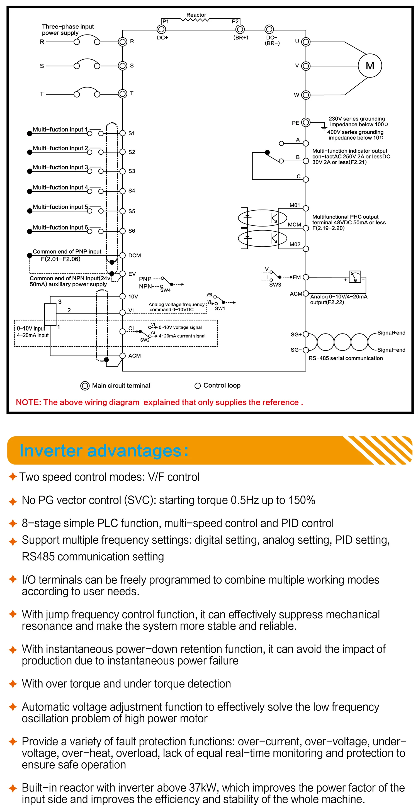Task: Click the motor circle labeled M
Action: point(370,66)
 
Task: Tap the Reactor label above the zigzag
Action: point(196,15)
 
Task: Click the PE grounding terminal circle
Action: point(306,122)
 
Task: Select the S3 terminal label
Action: point(132,171)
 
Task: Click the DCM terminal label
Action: point(134,255)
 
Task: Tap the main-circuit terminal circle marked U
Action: point(306,42)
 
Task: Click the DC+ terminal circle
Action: point(161,29)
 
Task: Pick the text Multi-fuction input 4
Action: point(60,188)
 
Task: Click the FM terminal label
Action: point(297,277)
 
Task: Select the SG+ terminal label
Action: point(296,335)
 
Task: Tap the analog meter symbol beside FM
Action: point(355,277)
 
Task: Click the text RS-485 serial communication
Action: point(346,358)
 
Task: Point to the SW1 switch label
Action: point(220,308)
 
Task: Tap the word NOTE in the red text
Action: point(28,402)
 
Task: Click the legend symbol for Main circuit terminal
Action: point(85,386)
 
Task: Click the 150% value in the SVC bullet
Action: point(302,500)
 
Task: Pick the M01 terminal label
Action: point(295,205)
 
